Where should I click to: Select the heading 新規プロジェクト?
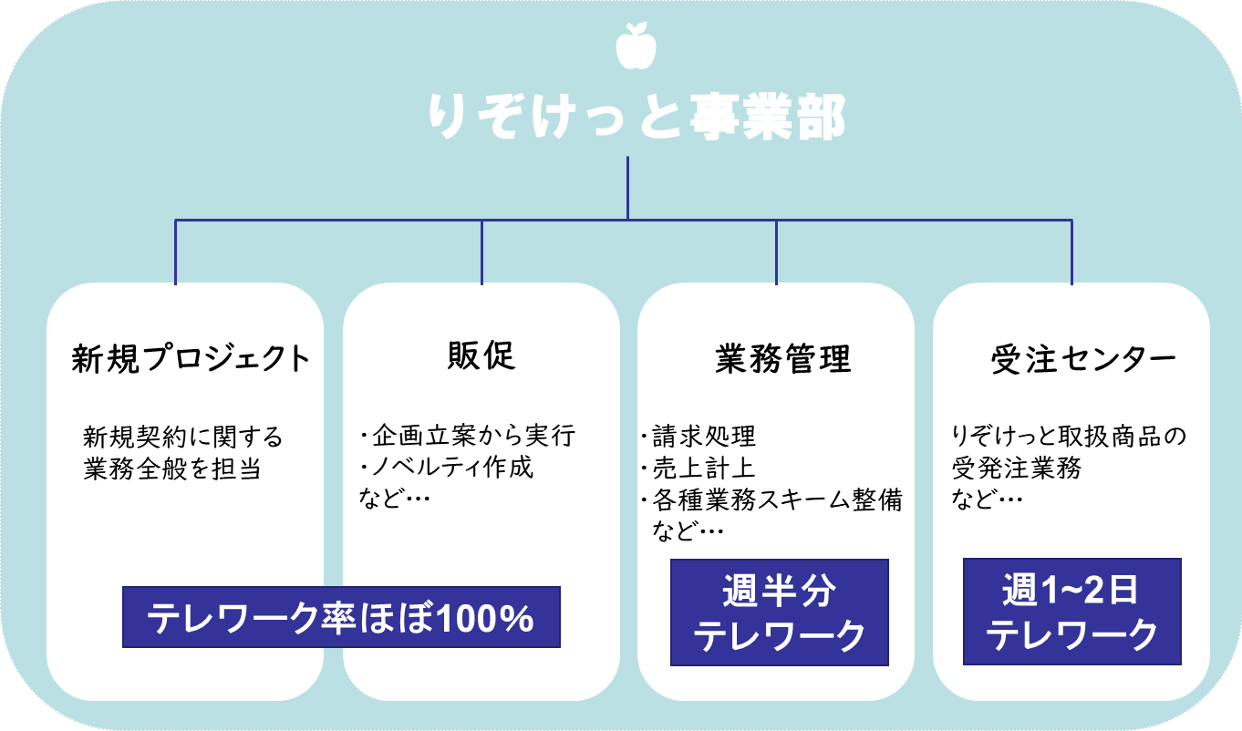tap(191, 358)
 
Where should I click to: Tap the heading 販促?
tap(481, 356)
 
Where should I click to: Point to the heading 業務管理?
tap(782, 359)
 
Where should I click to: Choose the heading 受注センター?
tap(1082, 360)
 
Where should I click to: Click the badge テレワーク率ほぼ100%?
tap(341, 618)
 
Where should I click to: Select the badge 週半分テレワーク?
tap(780, 613)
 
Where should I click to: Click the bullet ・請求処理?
tap(699, 437)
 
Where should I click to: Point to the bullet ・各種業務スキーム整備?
tap(771, 499)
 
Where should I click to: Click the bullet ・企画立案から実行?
tap(468, 436)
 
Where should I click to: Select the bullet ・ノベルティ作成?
tap(447, 468)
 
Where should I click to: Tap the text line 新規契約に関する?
tap(183, 437)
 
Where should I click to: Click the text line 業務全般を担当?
tap(172, 468)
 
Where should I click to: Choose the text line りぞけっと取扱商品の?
tap(1069, 437)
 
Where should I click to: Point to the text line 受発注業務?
tap(1017, 468)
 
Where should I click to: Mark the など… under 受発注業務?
tap(987, 499)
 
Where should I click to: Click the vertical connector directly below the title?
tap(628, 187)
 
